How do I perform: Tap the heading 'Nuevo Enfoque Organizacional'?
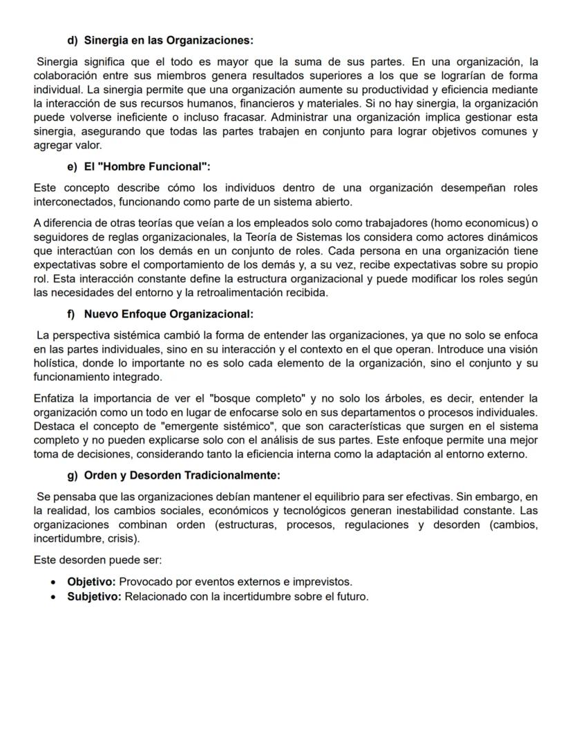click(x=169, y=315)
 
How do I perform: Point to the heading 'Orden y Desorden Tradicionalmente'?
click(x=182, y=475)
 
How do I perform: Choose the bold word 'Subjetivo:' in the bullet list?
click(x=94, y=596)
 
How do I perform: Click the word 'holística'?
click(x=55, y=364)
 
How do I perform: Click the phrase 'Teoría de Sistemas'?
click(x=274, y=238)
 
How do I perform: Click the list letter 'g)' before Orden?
click(x=73, y=475)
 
